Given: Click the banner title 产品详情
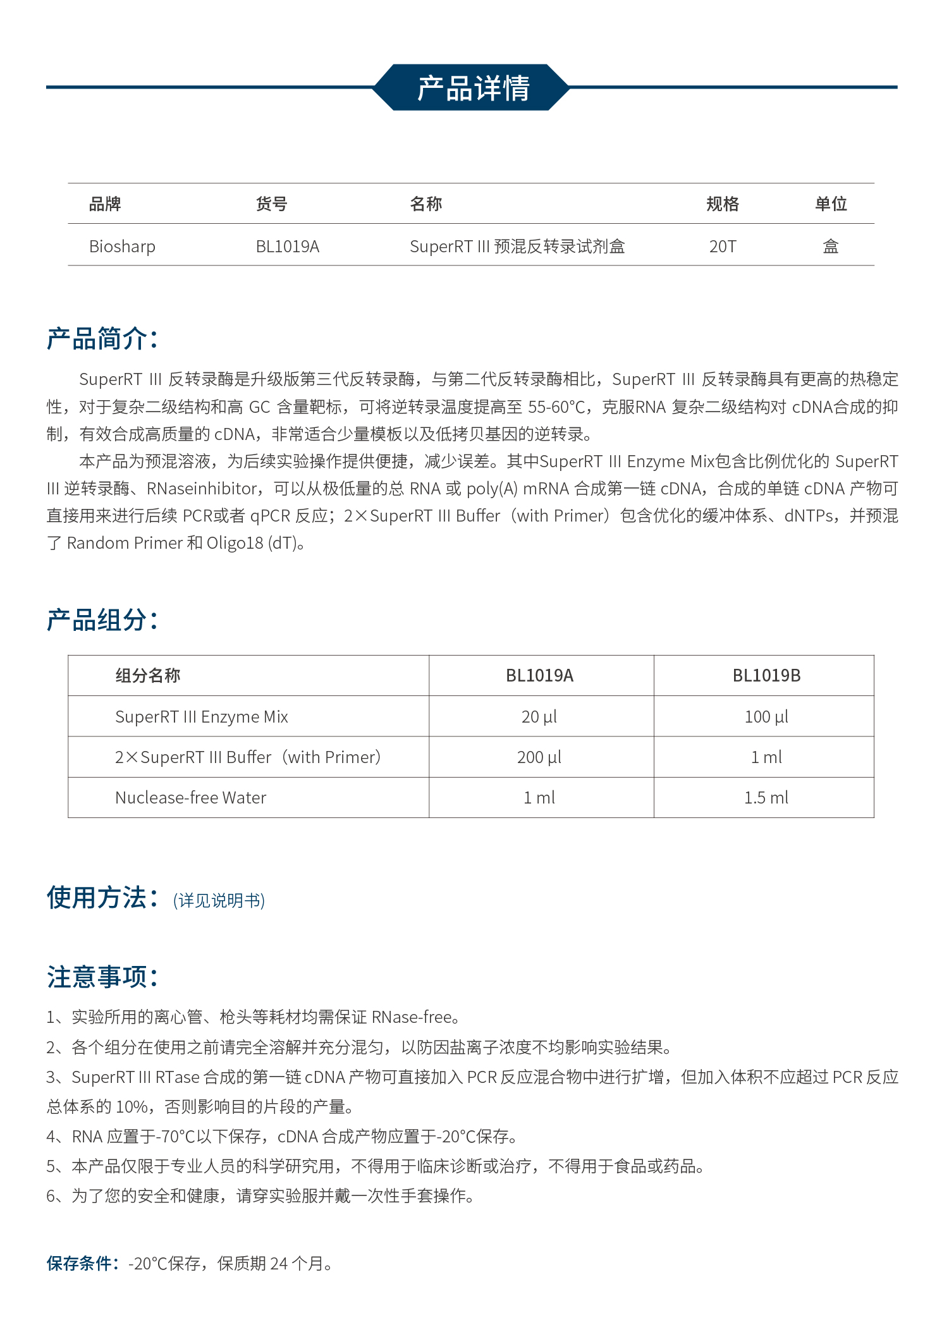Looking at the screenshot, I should tap(473, 88).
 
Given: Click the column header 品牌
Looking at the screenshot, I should tap(105, 204).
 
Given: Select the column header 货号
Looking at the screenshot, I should tap(271, 204).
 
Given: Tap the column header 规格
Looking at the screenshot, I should tap(722, 204).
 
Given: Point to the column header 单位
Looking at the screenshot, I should tap(830, 204).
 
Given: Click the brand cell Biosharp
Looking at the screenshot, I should tap(122, 247).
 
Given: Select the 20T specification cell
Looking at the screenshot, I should tap(723, 247).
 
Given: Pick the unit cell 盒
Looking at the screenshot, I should tap(830, 247).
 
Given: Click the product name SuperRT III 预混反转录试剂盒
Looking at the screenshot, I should tap(517, 247).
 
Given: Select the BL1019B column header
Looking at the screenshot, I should tap(766, 676).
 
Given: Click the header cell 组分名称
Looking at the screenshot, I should tap(148, 676).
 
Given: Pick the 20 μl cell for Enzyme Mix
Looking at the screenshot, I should tap(539, 717).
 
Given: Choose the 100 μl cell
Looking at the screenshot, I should tap(766, 717).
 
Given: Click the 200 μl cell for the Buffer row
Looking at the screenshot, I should tap(539, 757).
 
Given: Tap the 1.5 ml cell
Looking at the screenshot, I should tap(766, 798).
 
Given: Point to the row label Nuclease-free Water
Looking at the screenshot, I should tap(191, 798).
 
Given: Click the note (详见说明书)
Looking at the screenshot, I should tap(219, 900).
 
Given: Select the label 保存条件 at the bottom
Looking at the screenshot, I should tap(82, 1263).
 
